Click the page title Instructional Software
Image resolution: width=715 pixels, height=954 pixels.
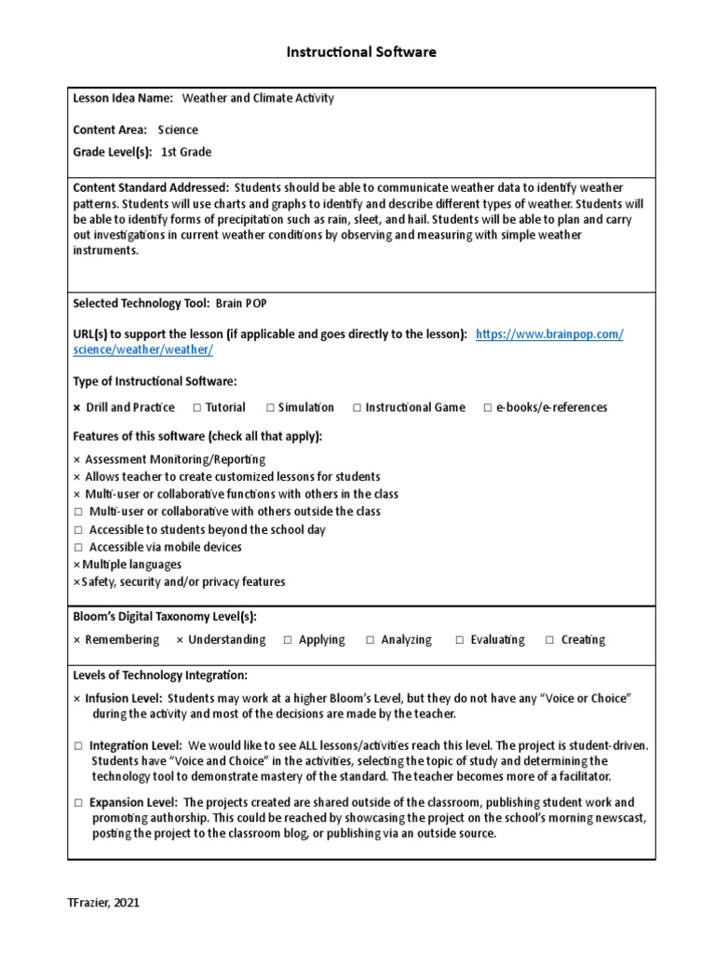(x=360, y=52)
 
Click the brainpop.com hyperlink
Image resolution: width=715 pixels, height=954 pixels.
(x=549, y=334)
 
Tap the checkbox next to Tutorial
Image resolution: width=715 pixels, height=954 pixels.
(x=197, y=407)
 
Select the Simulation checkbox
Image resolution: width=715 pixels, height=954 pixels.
(x=270, y=407)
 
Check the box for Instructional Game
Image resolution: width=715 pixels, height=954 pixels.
(x=357, y=407)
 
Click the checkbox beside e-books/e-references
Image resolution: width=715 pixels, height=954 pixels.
(x=488, y=407)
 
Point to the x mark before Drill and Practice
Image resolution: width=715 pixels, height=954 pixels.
(x=77, y=407)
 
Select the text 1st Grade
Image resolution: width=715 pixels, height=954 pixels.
(x=186, y=151)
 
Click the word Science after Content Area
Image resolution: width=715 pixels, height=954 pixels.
(x=178, y=129)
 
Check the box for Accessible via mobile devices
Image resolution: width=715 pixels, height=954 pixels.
(x=79, y=547)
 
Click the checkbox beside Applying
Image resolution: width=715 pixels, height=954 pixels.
(x=288, y=640)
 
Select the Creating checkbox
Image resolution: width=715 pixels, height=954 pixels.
(x=550, y=640)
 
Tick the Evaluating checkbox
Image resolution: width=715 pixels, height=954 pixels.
(x=460, y=640)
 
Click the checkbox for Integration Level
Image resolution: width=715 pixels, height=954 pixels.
(x=79, y=746)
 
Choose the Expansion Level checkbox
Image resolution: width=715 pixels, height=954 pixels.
(x=79, y=802)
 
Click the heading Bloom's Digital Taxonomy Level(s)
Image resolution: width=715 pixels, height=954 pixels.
(x=165, y=617)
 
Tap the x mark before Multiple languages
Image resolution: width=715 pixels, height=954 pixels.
(x=76, y=565)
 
